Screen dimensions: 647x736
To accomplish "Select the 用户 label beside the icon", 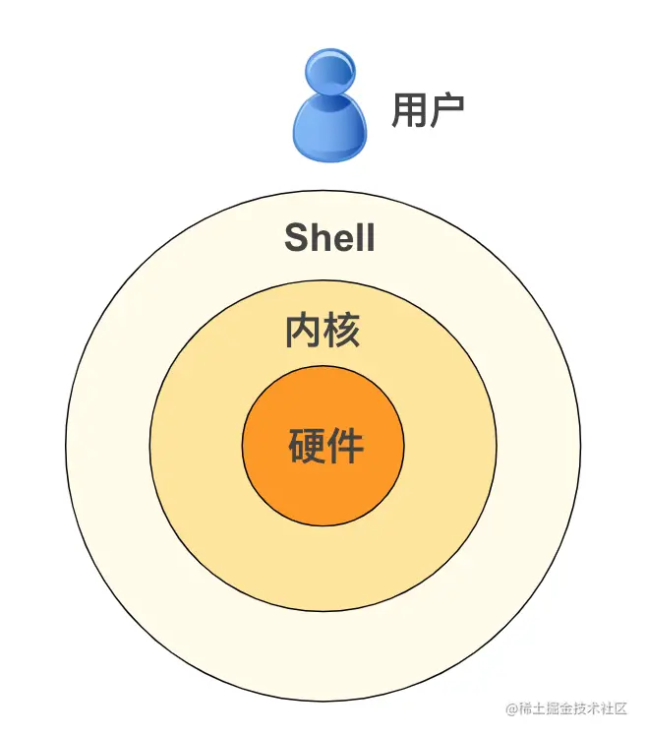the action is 428,110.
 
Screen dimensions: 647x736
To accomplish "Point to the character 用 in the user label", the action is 408,110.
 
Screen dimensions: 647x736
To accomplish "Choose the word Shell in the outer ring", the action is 329,237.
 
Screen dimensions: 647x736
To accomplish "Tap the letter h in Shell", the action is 318,237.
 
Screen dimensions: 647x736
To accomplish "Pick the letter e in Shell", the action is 340,239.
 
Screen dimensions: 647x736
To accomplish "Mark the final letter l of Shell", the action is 370,237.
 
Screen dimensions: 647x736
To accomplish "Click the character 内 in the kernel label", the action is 304,331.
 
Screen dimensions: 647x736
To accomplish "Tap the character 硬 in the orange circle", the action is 306,447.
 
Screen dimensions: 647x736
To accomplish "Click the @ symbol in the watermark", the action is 510,709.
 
